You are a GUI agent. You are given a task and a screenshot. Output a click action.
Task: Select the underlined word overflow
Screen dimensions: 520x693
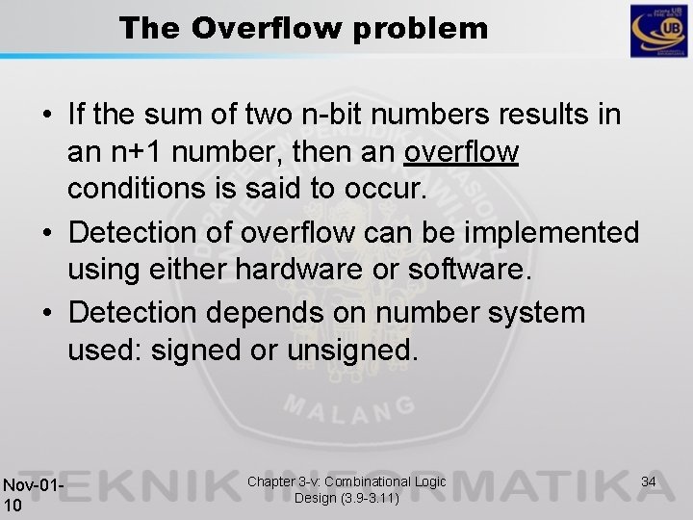463,151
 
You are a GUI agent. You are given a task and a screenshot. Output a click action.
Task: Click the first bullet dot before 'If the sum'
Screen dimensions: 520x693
46,117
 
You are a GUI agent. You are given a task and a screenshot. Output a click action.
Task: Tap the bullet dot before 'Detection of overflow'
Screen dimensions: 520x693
46,234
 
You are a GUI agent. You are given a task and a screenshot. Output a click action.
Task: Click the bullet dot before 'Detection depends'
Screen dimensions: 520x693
46,314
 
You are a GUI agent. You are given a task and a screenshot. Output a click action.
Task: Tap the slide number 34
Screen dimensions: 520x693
648,481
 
